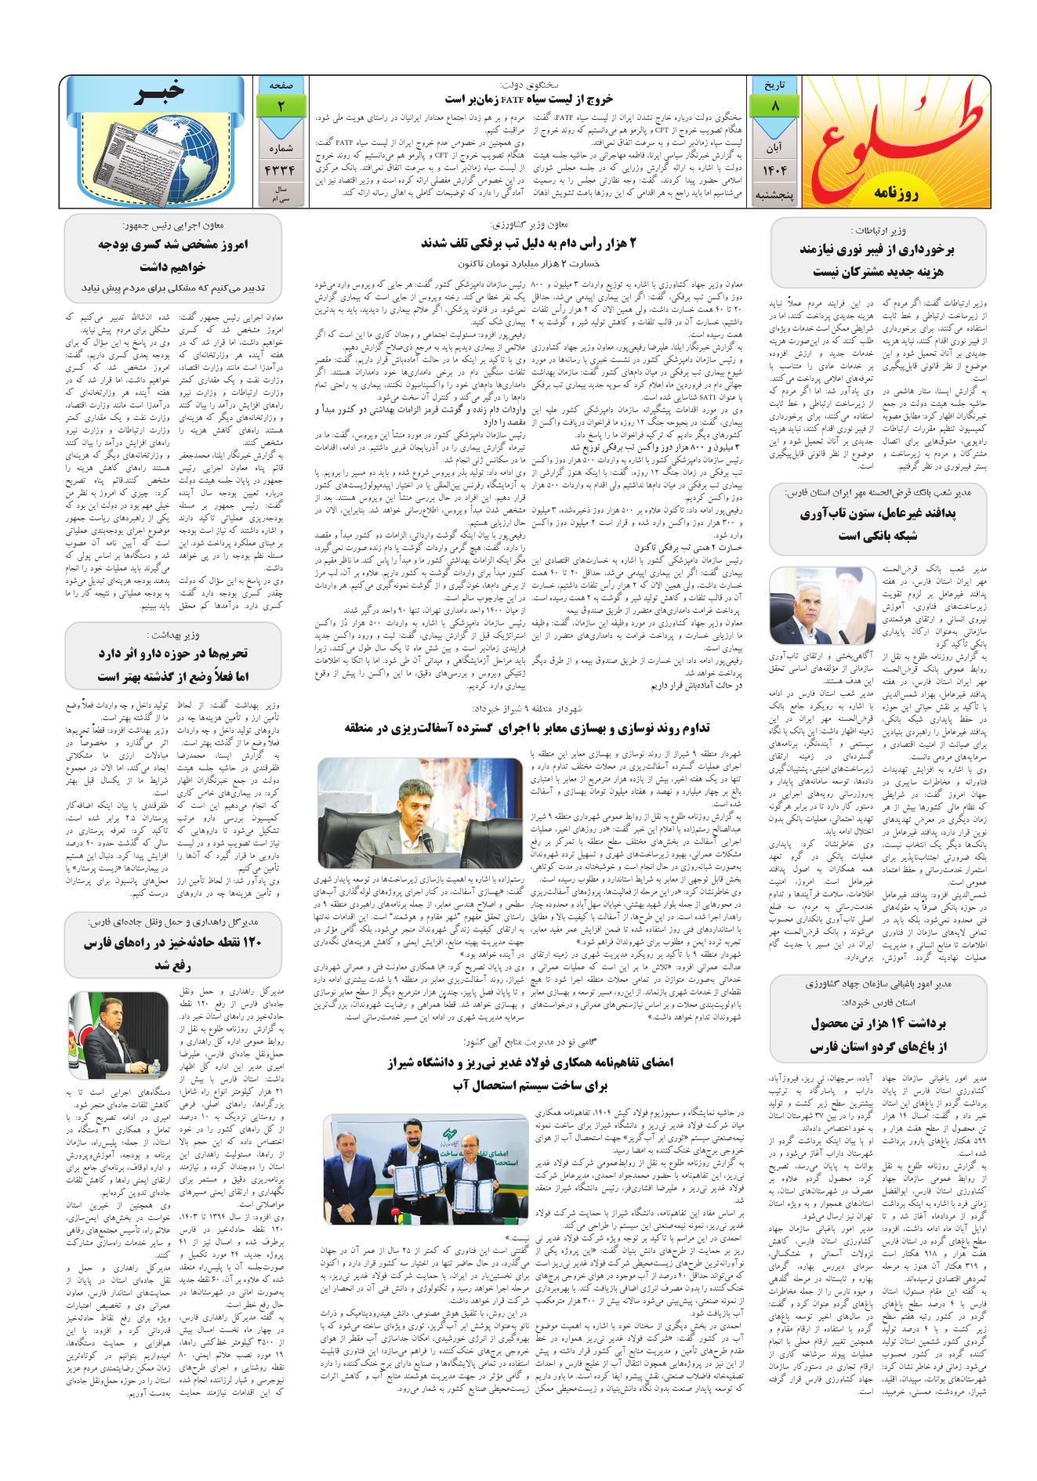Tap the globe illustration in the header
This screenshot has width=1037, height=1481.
(x=172, y=149)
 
